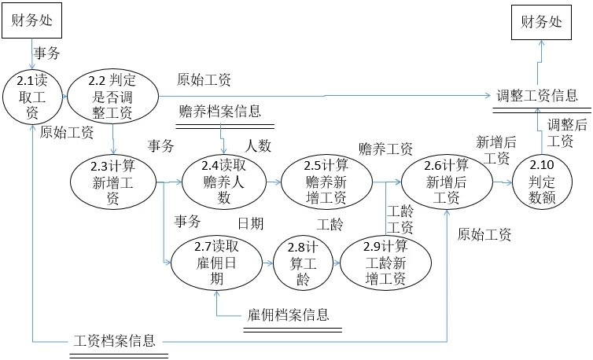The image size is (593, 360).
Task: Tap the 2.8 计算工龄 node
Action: click(304, 263)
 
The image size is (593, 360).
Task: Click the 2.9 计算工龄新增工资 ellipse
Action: click(385, 263)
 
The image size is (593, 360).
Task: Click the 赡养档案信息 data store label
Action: click(219, 111)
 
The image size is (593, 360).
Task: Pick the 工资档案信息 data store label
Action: click(114, 342)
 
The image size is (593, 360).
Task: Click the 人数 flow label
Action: click(258, 145)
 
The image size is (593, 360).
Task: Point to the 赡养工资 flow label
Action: click(385, 149)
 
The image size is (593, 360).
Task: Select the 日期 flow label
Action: click(251, 224)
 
